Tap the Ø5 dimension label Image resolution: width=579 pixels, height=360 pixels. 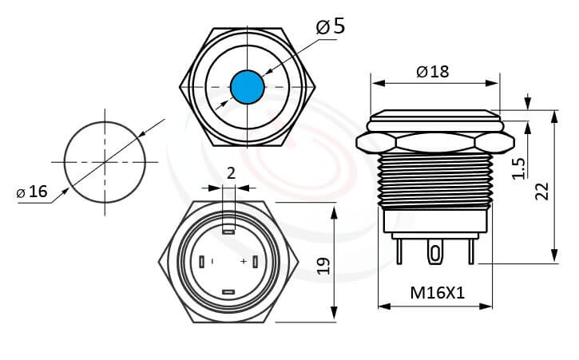(x=331, y=26)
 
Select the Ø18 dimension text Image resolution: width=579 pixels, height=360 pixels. (x=432, y=71)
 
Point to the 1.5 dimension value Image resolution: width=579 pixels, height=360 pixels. (x=518, y=167)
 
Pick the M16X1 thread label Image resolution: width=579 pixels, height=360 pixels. (x=437, y=293)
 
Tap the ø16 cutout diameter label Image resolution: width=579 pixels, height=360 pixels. (x=32, y=192)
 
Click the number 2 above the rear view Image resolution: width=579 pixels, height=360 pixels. (x=231, y=173)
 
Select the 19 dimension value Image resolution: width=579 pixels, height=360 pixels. (x=323, y=265)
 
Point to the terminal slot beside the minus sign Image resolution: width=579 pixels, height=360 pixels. (x=204, y=262)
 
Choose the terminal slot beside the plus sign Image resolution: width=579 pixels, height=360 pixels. (x=254, y=262)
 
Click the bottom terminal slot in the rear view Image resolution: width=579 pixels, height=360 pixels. (x=228, y=292)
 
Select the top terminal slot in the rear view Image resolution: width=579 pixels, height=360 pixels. (x=228, y=226)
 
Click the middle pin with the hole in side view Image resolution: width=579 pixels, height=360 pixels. (x=434, y=253)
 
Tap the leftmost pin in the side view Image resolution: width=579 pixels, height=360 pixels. (x=399, y=251)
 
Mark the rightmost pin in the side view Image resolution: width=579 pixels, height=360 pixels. (x=471, y=251)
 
